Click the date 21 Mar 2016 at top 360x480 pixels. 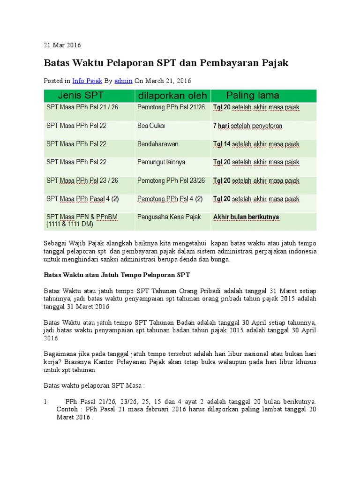point(62,45)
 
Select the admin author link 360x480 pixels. point(123,81)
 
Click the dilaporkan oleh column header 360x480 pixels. point(172,96)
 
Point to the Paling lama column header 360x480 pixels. point(253,96)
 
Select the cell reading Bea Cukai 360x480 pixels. point(151,126)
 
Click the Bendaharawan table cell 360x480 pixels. point(158,144)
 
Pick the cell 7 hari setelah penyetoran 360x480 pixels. point(247,126)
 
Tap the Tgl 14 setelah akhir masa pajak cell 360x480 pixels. point(256,144)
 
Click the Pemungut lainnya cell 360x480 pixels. point(161,162)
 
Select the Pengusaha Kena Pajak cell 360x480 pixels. point(169,217)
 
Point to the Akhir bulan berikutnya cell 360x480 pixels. point(246,217)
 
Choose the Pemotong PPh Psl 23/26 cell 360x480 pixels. point(171,180)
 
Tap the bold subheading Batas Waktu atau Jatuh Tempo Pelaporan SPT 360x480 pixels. point(116,274)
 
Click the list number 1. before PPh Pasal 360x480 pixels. point(46,401)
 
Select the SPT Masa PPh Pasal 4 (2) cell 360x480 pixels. point(82,199)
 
